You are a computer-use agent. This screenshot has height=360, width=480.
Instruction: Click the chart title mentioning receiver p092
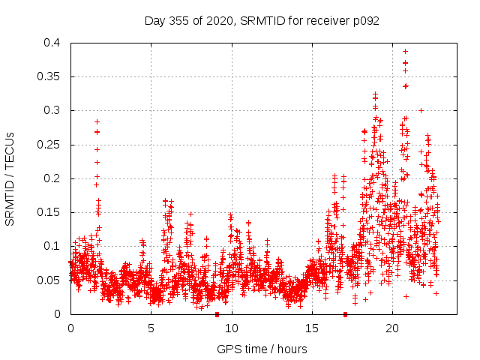(x=261, y=21)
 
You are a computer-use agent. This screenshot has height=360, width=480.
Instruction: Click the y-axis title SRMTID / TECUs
(x=10, y=178)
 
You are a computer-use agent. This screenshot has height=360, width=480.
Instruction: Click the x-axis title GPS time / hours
(x=261, y=349)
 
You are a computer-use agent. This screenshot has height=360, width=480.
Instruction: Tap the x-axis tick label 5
(x=151, y=328)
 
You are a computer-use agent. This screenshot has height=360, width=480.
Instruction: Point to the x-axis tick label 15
(x=312, y=328)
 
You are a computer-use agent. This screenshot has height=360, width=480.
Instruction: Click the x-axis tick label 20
(x=392, y=328)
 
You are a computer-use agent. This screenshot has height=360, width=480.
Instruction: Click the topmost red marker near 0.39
(x=406, y=51)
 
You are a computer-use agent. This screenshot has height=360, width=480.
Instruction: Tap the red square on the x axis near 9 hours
(x=217, y=314)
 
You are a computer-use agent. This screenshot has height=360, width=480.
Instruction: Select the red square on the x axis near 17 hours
(x=345, y=314)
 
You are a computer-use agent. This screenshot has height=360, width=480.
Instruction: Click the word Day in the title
(x=154, y=21)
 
